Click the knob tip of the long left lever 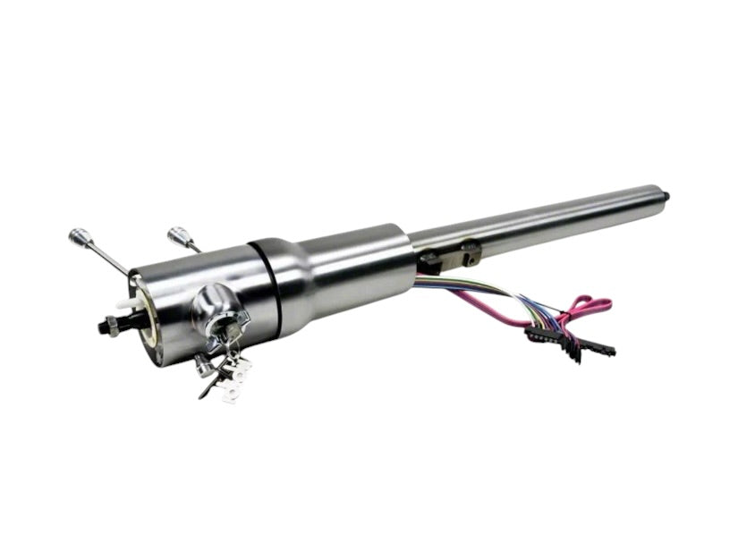[78, 236]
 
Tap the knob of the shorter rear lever [178, 236]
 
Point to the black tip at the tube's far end [666, 193]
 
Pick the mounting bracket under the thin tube [452, 256]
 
